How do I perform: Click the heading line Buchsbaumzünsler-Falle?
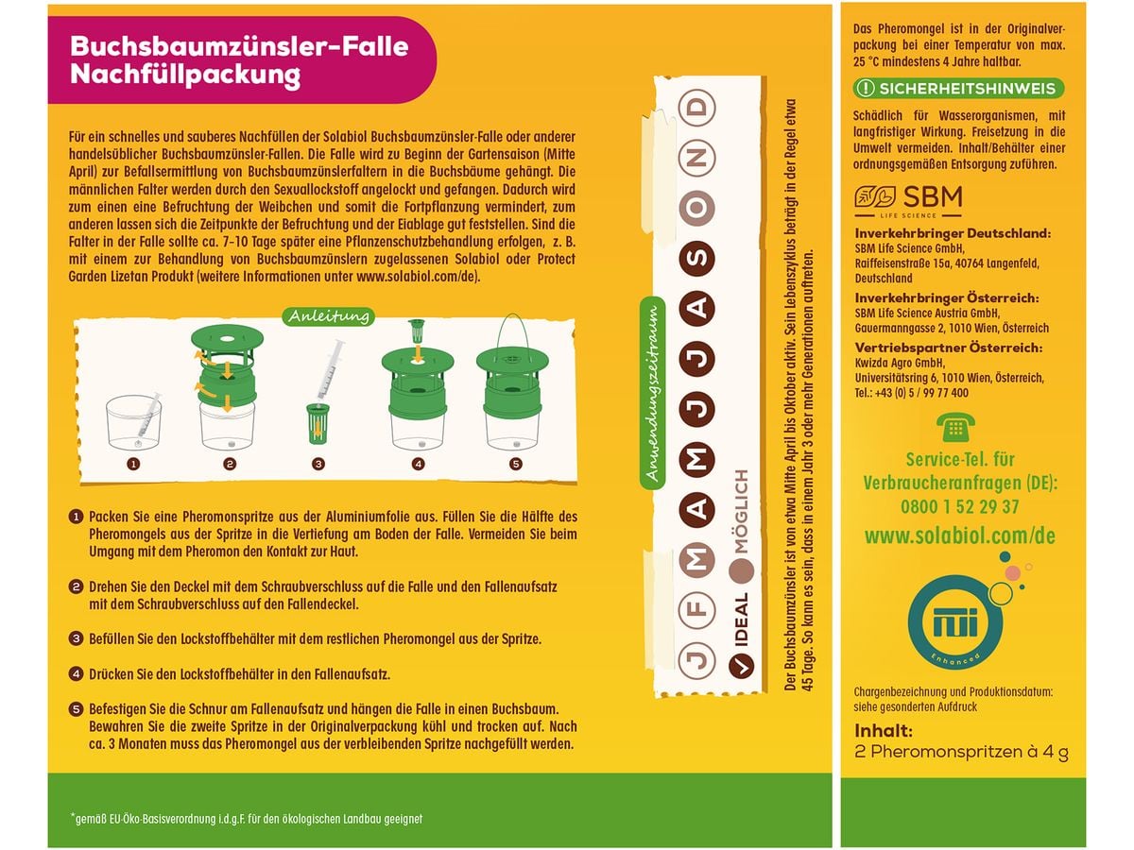[x=240, y=44]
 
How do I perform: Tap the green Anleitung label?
[x=329, y=316]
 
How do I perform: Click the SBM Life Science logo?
[x=908, y=199]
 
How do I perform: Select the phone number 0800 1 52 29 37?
[x=959, y=506]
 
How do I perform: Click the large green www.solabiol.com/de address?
[x=959, y=536]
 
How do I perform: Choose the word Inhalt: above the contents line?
[x=884, y=730]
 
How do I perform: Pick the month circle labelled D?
[x=699, y=106]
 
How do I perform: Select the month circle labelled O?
[x=699, y=206]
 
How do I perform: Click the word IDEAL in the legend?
[x=741, y=624]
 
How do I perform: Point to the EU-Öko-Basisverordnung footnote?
[x=247, y=819]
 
